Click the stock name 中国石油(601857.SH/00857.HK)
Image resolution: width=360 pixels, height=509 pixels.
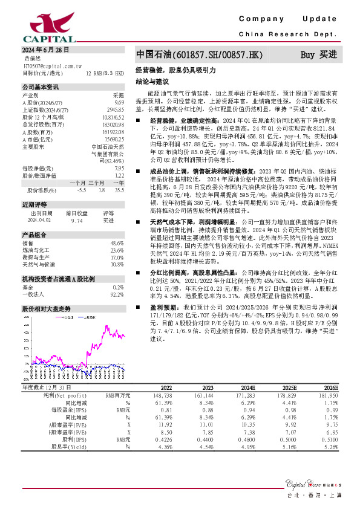[199, 55]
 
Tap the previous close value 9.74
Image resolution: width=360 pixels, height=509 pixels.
[76, 221]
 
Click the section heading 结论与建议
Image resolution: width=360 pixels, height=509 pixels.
[149, 80]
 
